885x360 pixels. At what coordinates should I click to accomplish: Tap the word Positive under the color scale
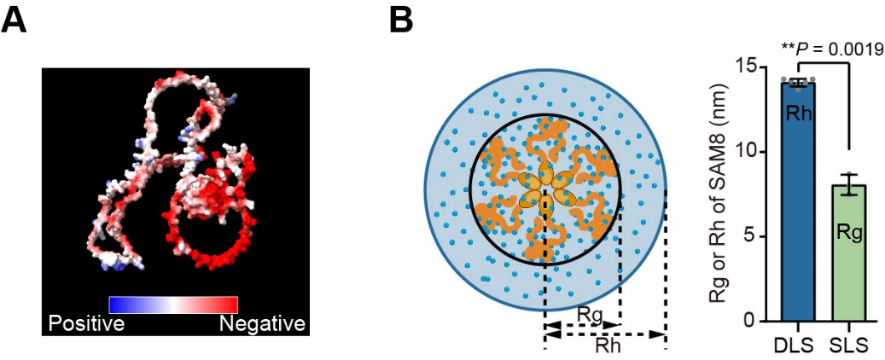(x=86, y=324)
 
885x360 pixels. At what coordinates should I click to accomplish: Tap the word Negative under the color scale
(x=262, y=324)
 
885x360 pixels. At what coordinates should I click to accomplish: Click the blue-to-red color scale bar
(x=173, y=305)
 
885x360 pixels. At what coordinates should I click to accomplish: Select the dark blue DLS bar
(x=797, y=201)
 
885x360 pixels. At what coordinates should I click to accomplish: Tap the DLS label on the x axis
(x=797, y=344)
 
